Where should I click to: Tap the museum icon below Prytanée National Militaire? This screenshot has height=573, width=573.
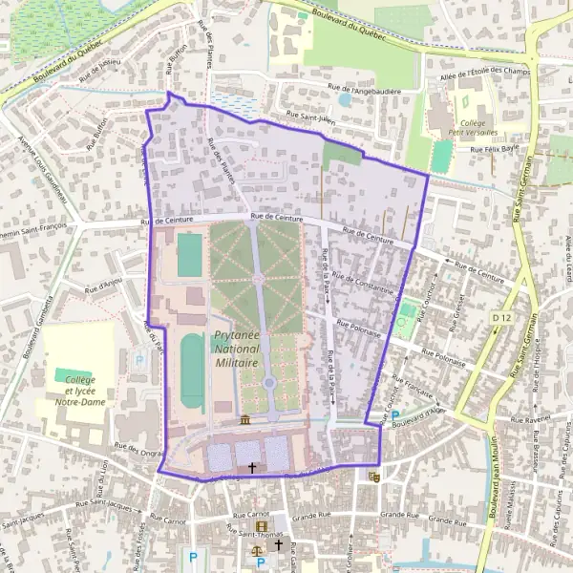(x=246, y=420)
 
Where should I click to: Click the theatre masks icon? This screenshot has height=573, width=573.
(x=374, y=475)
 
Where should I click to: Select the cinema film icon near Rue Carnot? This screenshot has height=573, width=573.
(x=261, y=526)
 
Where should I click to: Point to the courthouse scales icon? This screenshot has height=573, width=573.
(x=256, y=550)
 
